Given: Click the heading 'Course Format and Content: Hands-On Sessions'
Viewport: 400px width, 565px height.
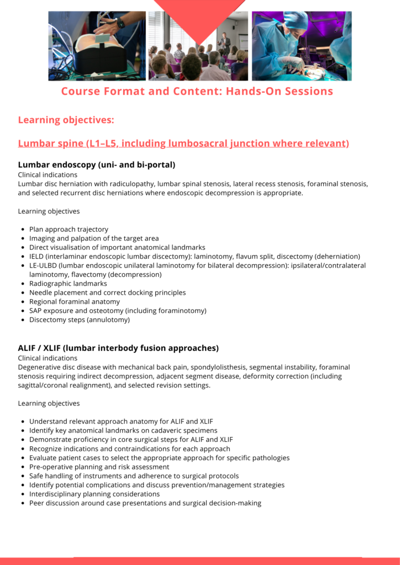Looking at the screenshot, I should click(197, 91).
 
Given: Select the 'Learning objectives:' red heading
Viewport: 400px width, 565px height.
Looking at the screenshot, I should click(66, 120).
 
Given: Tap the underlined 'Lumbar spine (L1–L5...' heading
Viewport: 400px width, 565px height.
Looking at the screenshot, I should click(183, 143).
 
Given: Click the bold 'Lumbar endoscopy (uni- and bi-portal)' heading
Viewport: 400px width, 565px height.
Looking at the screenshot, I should click(97, 164).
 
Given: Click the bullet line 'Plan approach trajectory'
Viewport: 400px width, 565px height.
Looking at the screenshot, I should click(69, 230).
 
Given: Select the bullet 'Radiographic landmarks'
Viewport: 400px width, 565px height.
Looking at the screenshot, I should click(68, 284).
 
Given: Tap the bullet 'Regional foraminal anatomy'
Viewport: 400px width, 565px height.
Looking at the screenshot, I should click(75, 302).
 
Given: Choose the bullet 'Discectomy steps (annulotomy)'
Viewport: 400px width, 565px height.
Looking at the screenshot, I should click(80, 320).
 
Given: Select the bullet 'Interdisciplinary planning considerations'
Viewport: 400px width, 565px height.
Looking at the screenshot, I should click(94, 494).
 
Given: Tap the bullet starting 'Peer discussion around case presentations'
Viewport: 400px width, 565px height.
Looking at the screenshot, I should click(145, 503).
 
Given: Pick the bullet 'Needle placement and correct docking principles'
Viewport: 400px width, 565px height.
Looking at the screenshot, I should click(107, 293).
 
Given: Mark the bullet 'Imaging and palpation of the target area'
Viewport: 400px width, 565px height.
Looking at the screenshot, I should click(94, 238).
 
